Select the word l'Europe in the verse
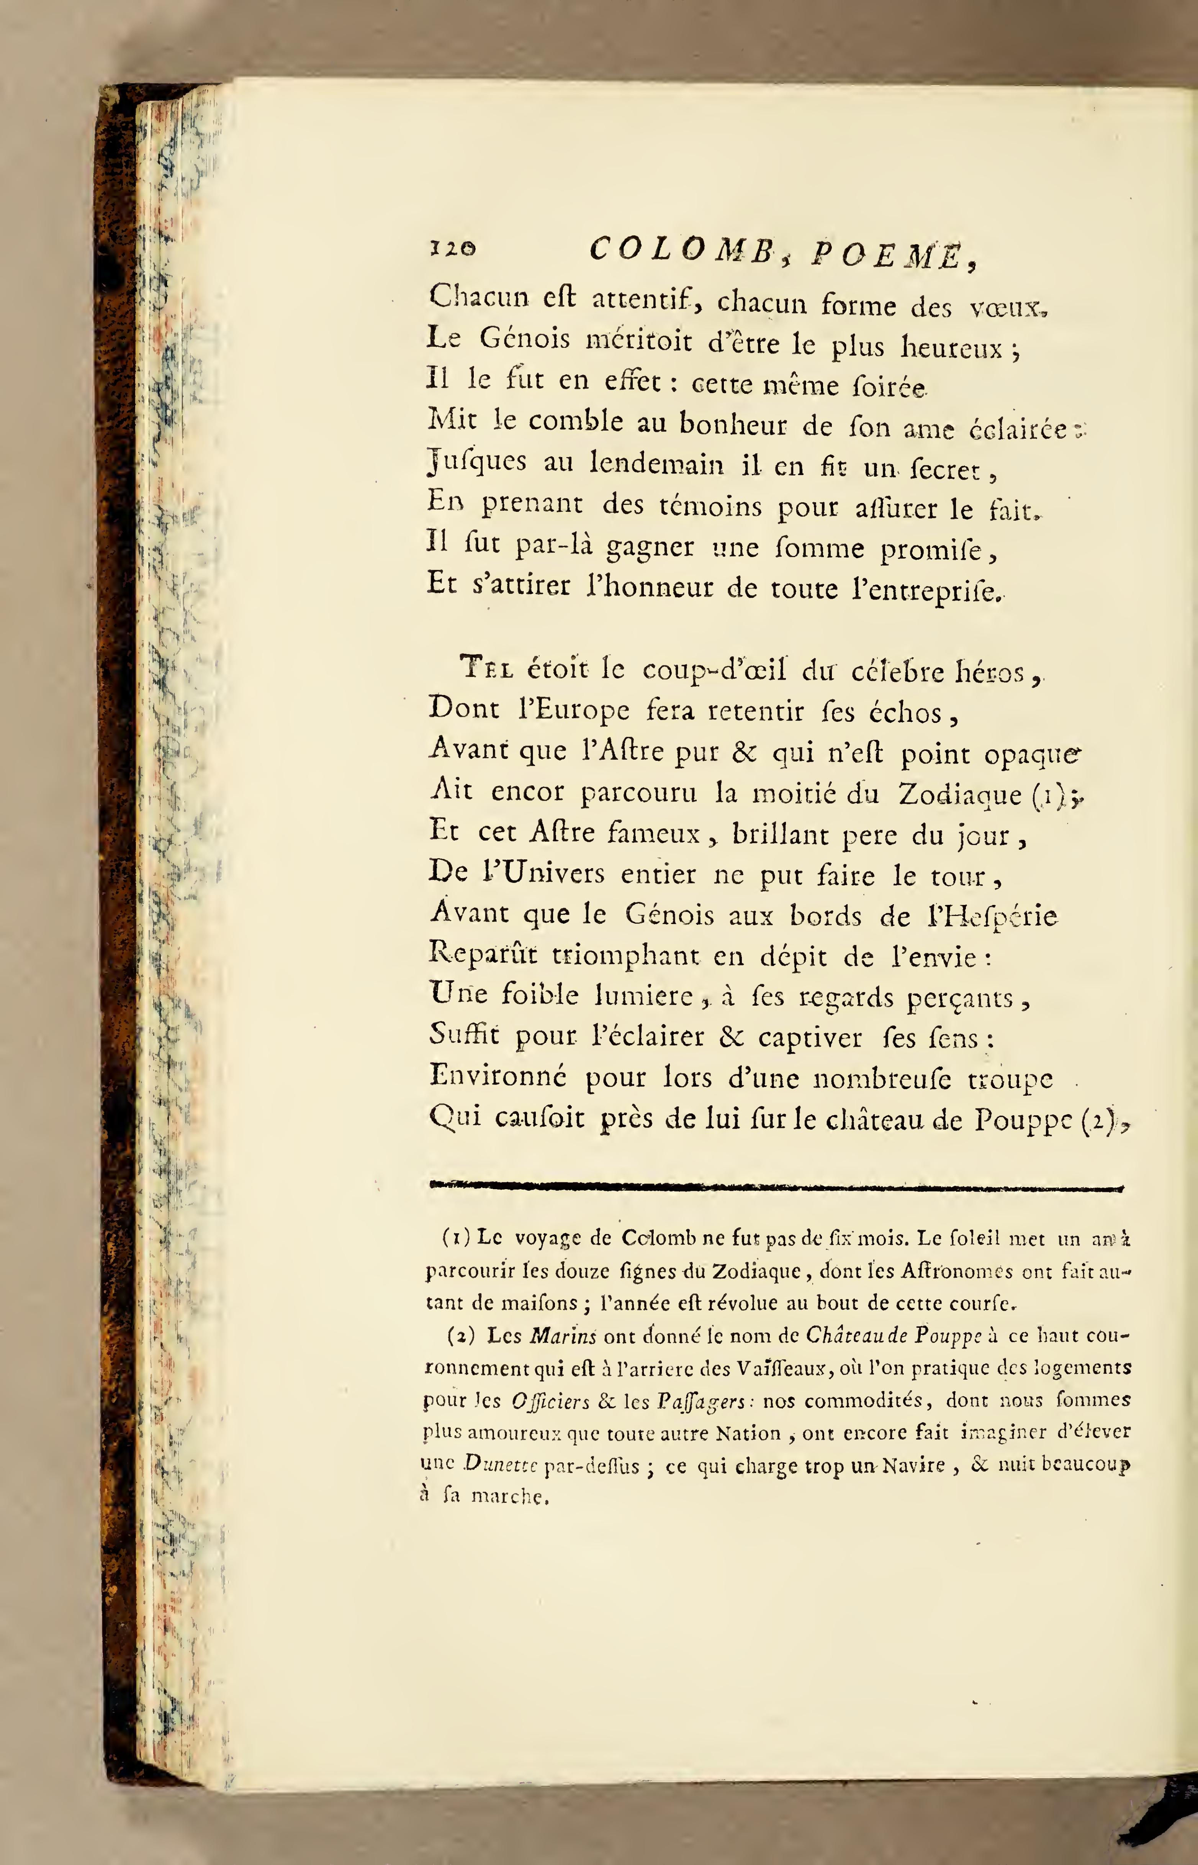click(574, 710)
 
